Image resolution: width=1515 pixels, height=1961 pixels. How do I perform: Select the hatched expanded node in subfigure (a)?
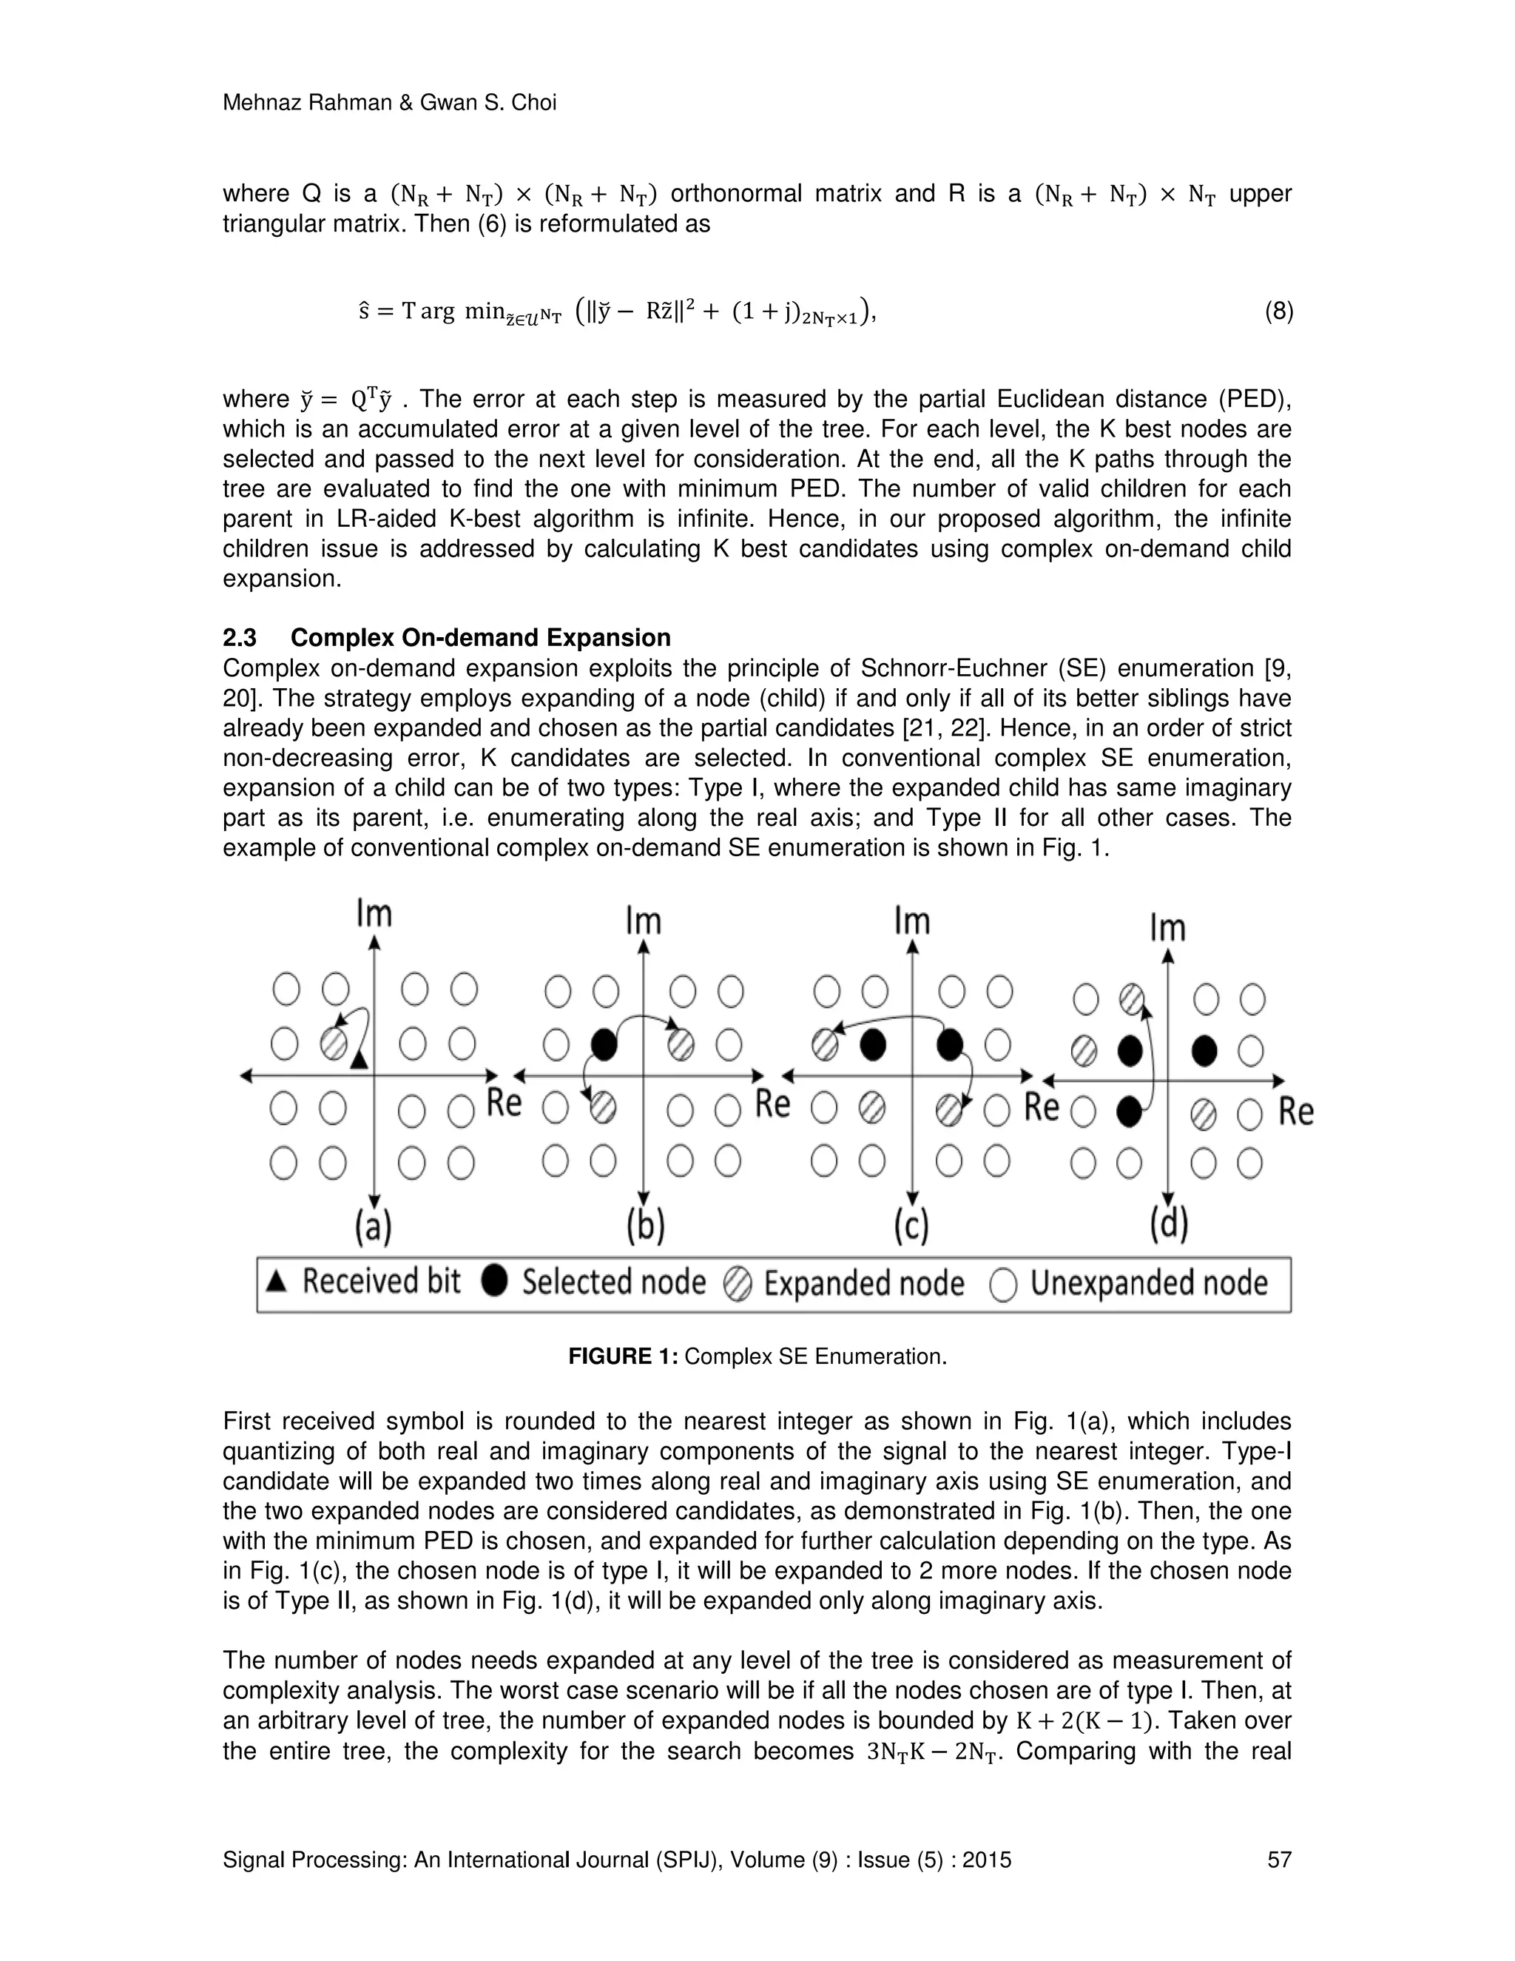(x=334, y=1043)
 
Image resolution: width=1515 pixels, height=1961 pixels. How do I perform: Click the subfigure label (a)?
(x=374, y=1226)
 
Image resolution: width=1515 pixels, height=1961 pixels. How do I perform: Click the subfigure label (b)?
(x=644, y=1226)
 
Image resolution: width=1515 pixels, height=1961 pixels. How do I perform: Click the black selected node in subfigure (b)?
(x=605, y=1044)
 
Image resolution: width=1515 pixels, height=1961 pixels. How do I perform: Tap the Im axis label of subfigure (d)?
(x=1167, y=927)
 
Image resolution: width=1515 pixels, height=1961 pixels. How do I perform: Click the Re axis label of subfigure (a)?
(x=504, y=1103)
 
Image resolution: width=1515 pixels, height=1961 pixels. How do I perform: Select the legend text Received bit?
(x=380, y=1282)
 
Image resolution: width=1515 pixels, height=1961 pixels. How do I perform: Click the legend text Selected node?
(x=614, y=1282)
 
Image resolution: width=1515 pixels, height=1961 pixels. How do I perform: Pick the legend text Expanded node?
(x=863, y=1284)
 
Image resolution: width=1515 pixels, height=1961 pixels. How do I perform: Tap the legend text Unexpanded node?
(x=1149, y=1284)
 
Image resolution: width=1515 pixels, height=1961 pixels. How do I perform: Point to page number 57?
(x=1278, y=1860)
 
